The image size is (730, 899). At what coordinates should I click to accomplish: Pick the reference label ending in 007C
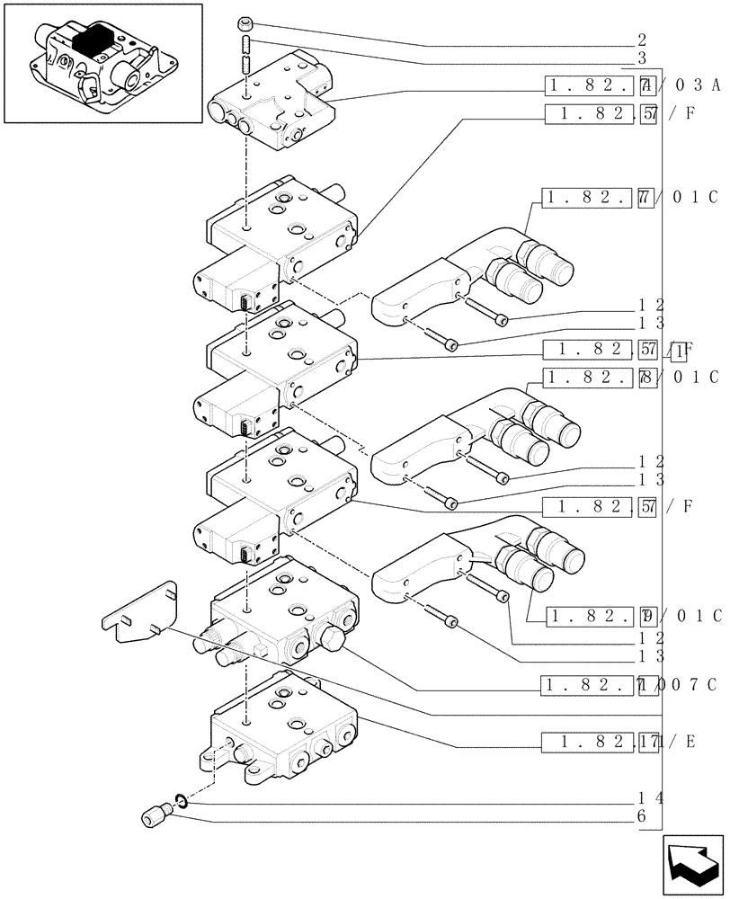(629, 685)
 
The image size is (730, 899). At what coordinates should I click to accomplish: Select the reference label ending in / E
(629, 743)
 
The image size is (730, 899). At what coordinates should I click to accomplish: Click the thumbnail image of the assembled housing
(102, 63)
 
